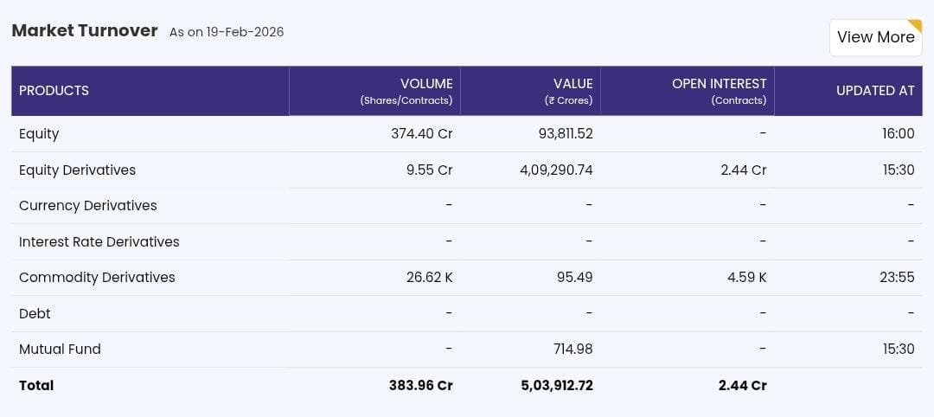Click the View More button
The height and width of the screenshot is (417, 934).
coord(875,37)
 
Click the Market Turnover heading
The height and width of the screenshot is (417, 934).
coord(85,31)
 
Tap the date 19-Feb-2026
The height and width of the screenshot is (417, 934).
coord(245,32)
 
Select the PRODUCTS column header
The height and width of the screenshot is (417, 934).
coord(54,91)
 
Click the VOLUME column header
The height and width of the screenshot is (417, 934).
coord(425,84)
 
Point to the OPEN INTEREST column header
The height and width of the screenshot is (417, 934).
coord(719,84)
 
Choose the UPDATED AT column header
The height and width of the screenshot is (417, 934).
coord(874,91)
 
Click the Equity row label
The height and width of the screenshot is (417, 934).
coord(39,134)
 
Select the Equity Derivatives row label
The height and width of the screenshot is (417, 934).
coord(77,170)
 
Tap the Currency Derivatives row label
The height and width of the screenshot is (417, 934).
coord(87,206)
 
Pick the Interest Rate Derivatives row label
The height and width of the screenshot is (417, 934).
coord(99,242)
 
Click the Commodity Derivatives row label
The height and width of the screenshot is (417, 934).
coord(97,278)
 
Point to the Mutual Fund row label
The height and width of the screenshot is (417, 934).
coord(60,350)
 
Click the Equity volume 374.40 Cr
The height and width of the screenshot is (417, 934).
coord(421,134)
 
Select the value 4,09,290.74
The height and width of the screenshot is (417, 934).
coord(556,170)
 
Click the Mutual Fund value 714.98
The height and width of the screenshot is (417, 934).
coord(573,350)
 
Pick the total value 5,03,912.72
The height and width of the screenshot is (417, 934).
coord(556,386)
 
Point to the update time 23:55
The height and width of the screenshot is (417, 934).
coord(898,278)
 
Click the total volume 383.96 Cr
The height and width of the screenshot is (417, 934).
coord(420,386)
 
